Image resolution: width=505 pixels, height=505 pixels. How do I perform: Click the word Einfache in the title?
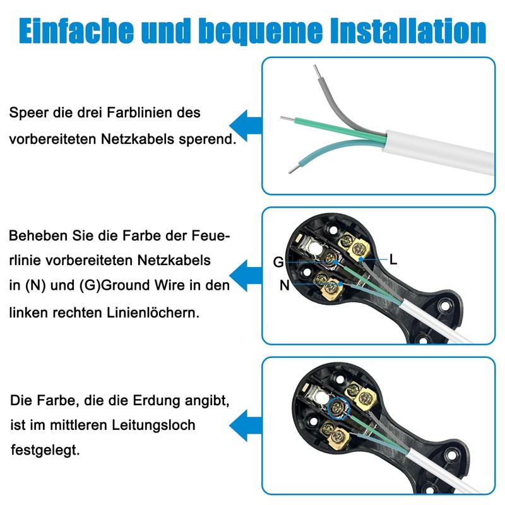click(75, 30)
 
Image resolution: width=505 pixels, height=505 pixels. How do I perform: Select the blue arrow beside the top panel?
click(245, 124)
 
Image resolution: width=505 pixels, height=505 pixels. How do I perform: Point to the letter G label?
click(278, 262)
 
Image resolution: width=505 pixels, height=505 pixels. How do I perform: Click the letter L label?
click(393, 259)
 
